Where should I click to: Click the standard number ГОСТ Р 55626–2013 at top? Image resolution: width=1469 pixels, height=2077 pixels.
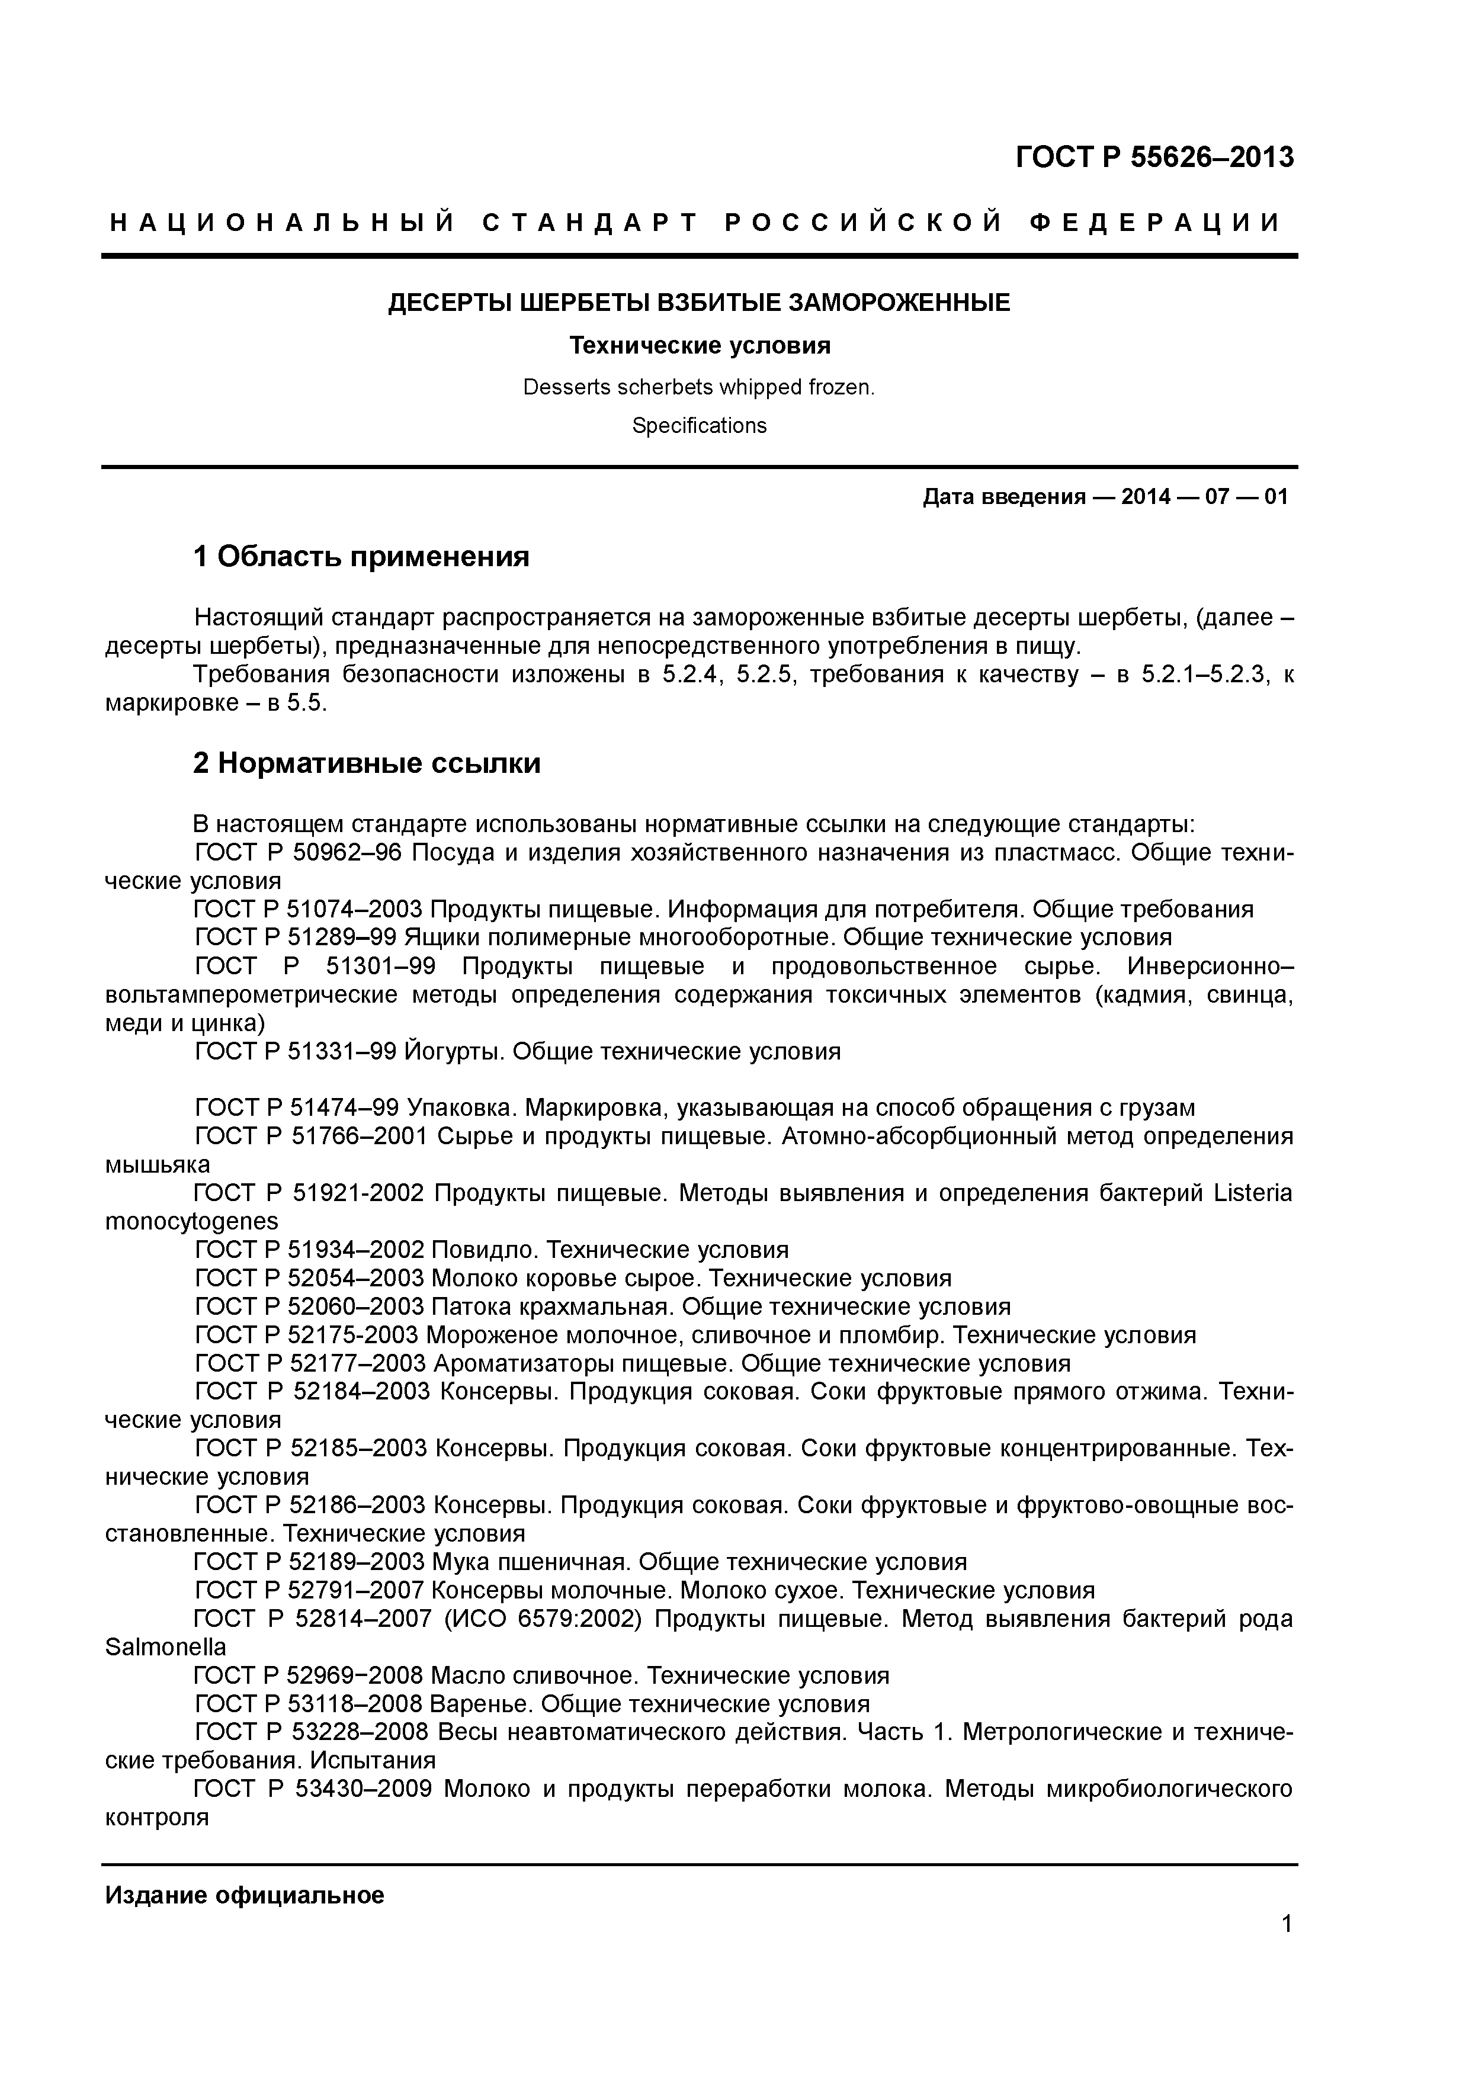1154,158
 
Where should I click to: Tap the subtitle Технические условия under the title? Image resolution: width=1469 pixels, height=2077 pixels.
699,345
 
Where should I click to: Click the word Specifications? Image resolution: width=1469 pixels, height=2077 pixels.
699,426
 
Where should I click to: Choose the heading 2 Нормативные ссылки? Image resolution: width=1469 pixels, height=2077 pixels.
366,763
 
